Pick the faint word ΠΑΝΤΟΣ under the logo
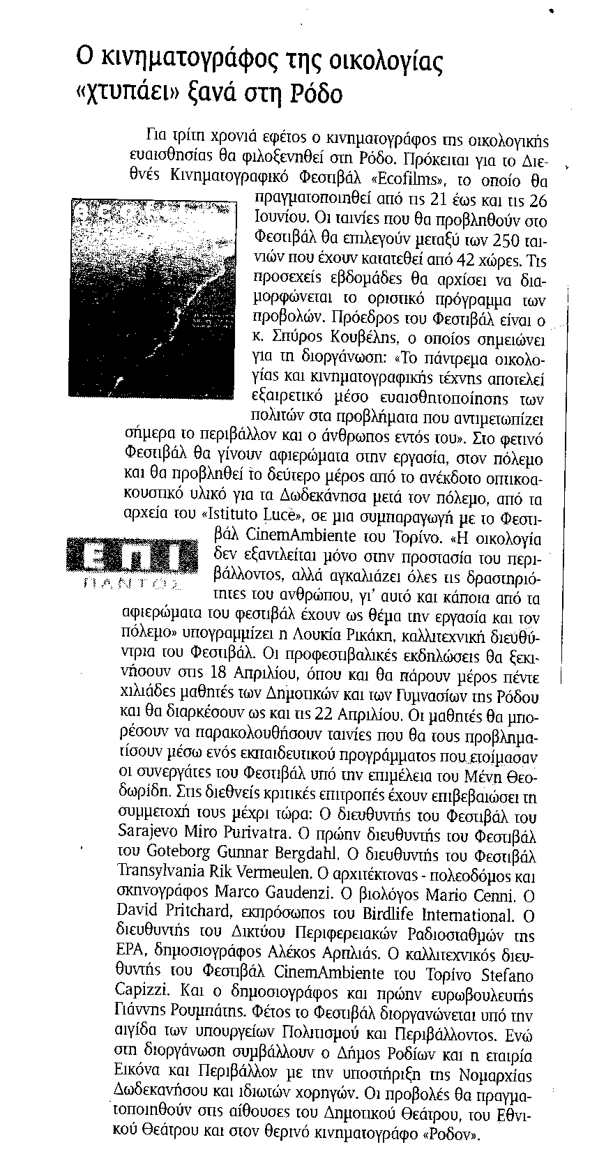click(128, 582)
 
